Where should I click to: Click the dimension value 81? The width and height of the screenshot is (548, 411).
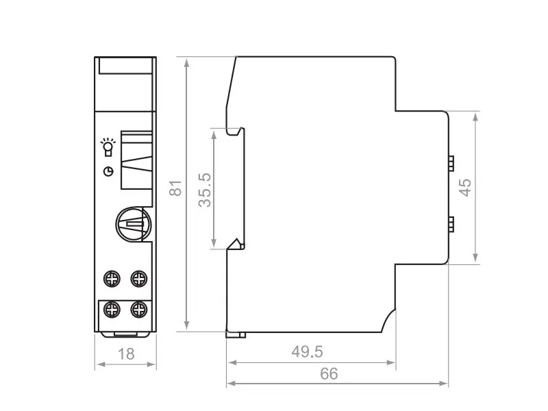point(176,188)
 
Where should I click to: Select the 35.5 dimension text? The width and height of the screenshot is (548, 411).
point(205,190)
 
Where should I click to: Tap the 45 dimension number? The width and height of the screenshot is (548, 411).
point(465,188)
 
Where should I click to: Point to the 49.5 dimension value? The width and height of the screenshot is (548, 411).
point(308,351)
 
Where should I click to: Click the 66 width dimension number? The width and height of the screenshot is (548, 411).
point(329,373)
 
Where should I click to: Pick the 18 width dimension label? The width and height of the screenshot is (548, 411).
point(126,354)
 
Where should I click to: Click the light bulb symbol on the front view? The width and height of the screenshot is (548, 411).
point(108,147)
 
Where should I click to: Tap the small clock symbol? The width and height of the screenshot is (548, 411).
point(109,171)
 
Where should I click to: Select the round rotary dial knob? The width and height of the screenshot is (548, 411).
point(134,224)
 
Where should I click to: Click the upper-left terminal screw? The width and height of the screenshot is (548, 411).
point(112,279)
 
